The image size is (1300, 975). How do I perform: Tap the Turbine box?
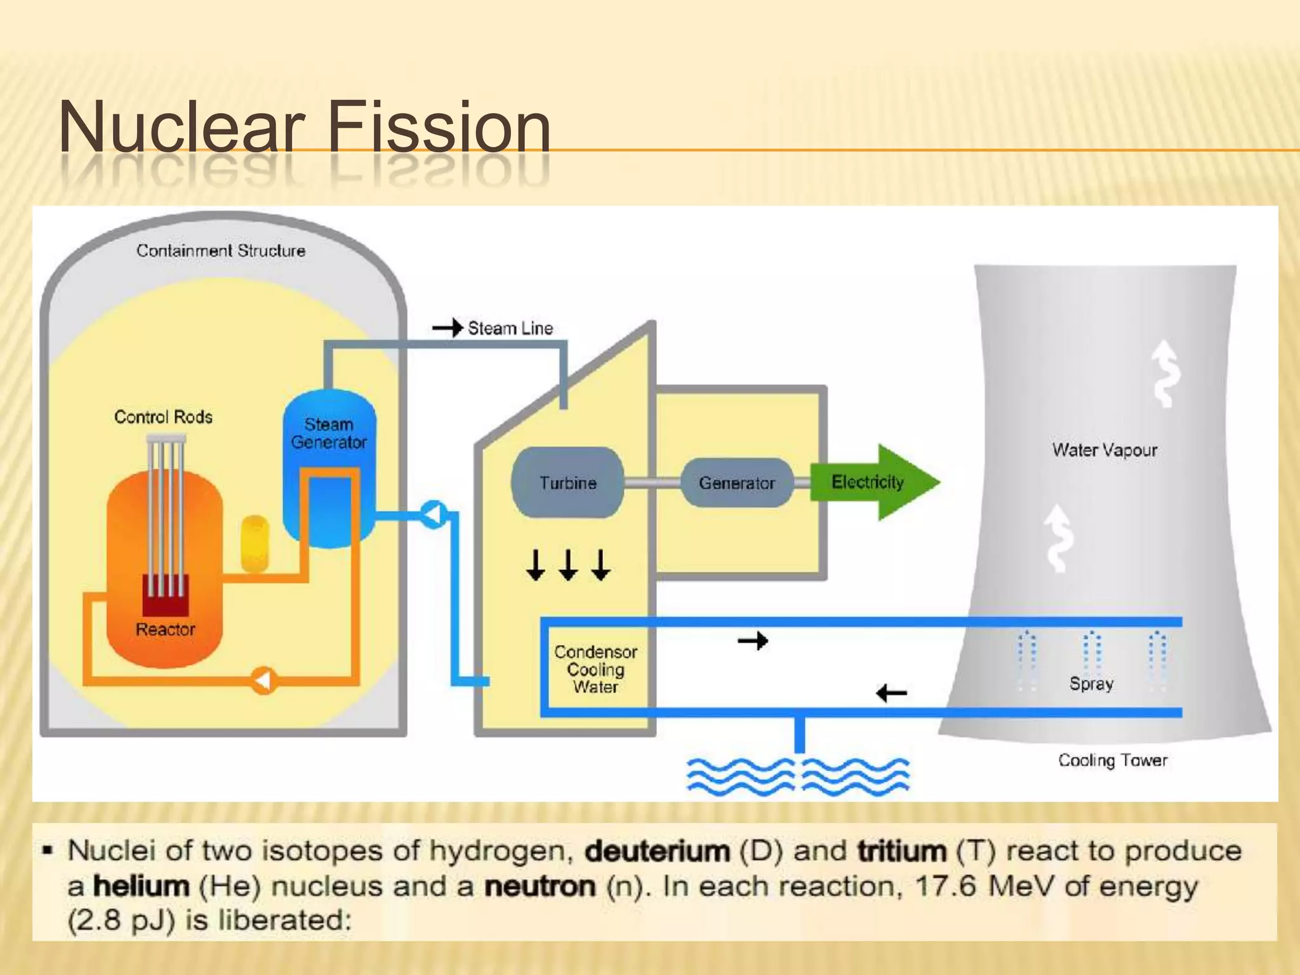(x=567, y=482)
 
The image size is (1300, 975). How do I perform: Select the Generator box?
(x=736, y=483)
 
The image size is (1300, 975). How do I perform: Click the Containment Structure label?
(x=221, y=251)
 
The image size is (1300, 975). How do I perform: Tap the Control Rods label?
(x=163, y=417)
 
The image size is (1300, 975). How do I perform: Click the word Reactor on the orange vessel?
(x=165, y=630)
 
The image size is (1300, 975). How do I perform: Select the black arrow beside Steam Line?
(x=447, y=328)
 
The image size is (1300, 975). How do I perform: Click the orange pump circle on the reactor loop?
(x=263, y=680)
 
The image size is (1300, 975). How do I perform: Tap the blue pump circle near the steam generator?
(x=434, y=514)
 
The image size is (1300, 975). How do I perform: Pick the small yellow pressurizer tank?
(x=255, y=543)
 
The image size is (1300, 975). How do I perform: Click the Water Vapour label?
(x=1104, y=450)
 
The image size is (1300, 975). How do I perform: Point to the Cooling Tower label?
(x=1112, y=760)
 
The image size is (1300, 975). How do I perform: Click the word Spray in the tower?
(x=1091, y=684)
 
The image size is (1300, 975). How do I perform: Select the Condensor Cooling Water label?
(x=595, y=669)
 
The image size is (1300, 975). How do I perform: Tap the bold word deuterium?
(x=657, y=851)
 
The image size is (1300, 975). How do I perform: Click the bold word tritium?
(x=902, y=851)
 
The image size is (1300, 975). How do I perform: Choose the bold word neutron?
(x=540, y=886)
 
